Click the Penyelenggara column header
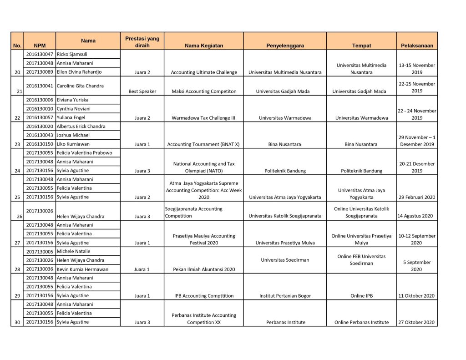[x=285, y=46]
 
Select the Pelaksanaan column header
[x=417, y=46]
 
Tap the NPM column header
[x=39, y=46]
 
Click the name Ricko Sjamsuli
[x=72, y=54]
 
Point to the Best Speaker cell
[x=142, y=91]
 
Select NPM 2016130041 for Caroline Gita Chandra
[x=40, y=86]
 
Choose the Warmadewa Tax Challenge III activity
[x=203, y=118]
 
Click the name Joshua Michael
[x=73, y=135]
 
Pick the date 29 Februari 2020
[x=416, y=198]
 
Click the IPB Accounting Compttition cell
[x=203, y=296]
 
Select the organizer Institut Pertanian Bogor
[x=285, y=296]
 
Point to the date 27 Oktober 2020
[x=416, y=322]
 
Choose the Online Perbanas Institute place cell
[x=362, y=322]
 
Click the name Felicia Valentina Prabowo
[x=84, y=153]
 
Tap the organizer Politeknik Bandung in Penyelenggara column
[x=285, y=171]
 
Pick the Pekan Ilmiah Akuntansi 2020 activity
[x=203, y=269]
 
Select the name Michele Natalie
[x=73, y=252]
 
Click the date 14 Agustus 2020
[x=416, y=216]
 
